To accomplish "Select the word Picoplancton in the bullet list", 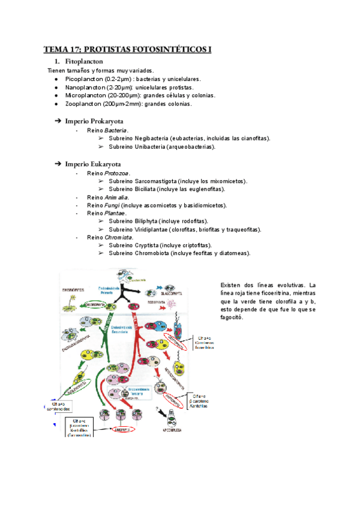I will [83, 79].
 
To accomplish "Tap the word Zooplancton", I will [83, 104].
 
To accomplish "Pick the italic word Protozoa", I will [117, 173].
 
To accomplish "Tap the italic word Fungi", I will [111, 205].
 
